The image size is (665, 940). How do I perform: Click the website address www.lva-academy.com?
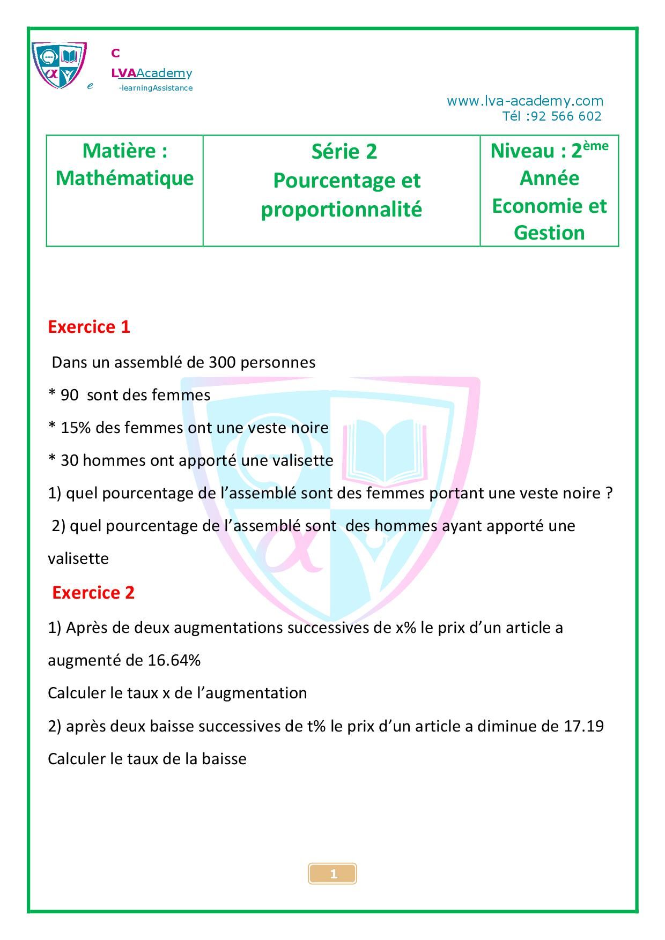coord(524,101)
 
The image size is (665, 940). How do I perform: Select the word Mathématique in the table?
coord(124,178)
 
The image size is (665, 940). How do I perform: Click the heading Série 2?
coord(344,152)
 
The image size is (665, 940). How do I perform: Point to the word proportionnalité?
coord(342,209)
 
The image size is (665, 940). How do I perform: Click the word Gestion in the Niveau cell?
coord(549,233)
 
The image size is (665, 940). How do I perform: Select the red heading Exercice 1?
coord(89,327)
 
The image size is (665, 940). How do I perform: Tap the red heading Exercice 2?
coord(93,593)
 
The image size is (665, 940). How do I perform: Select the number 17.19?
coord(583,726)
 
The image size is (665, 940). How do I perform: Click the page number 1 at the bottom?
coord(332,874)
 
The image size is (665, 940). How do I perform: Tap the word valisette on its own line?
coord(78,558)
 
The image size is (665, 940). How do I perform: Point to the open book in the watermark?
coord(386,450)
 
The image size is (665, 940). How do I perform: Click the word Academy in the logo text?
coord(164,73)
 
